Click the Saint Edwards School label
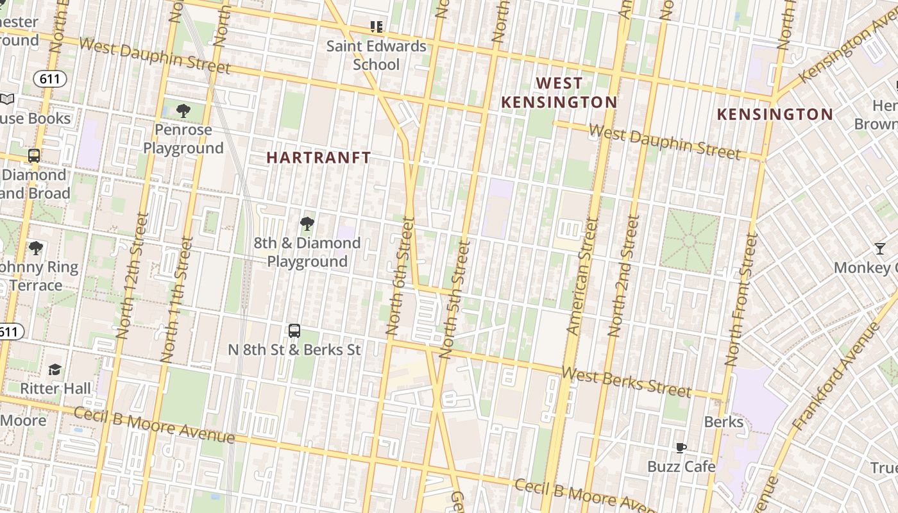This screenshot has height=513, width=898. click(x=376, y=55)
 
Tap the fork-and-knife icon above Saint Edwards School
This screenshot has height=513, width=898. click(x=377, y=27)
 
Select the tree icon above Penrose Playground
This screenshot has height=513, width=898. click(x=183, y=111)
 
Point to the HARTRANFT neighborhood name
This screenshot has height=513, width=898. click(x=319, y=158)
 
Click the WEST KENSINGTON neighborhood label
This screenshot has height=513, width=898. click(x=559, y=93)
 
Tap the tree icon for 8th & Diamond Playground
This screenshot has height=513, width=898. click(x=307, y=224)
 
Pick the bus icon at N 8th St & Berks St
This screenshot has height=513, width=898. click(x=294, y=331)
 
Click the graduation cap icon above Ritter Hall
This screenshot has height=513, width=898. click(x=55, y=369)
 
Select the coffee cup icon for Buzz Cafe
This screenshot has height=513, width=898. click(x=681, y=448)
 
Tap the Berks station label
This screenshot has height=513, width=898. click(x=724, y=422)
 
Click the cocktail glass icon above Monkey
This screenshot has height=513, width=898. click(x=880, y=249)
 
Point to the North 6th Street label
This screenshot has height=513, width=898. click(x=400, y=276)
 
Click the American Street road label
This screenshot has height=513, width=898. click(x=582, y=276)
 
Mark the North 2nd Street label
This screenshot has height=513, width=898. click(x=623, y=276)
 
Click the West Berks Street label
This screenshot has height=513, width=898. click(x=627, y=382)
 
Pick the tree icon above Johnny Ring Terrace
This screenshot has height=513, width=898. click(x=36, y=248)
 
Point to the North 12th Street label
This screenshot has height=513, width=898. click(x=133, y=276)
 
